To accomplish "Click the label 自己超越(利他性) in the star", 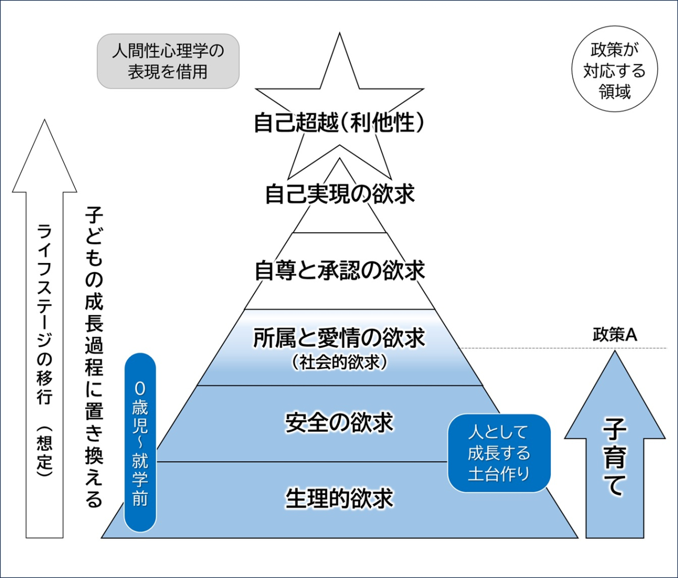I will click(x=339, y=123).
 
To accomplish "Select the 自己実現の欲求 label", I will click(x=339, y=194).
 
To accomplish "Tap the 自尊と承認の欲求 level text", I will click(x=339, y=270).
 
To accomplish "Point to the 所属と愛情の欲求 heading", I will click(x=339, y=338).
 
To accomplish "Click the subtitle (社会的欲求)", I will click(x=339, y=363).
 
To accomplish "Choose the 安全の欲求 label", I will click(x=339, y=423).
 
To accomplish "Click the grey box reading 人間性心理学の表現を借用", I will click(x=168, y=61).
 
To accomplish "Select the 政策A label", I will click(x=614, y=335).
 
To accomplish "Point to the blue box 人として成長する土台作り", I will click(x=498, y=453).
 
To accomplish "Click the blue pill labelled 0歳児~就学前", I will click(x=140, y=443).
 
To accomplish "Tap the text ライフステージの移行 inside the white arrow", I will click(x=44, y=313).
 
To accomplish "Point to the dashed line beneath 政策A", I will click(x=561, y=348).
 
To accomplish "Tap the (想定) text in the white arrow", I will click(x=44, y=451).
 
